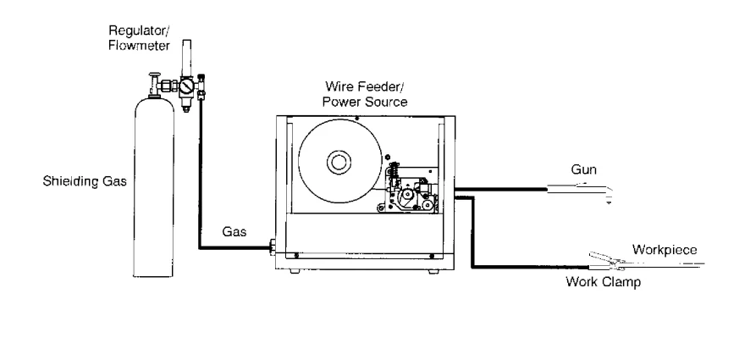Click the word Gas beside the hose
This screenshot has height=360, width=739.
pyautogui.click(x=234, y=230)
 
